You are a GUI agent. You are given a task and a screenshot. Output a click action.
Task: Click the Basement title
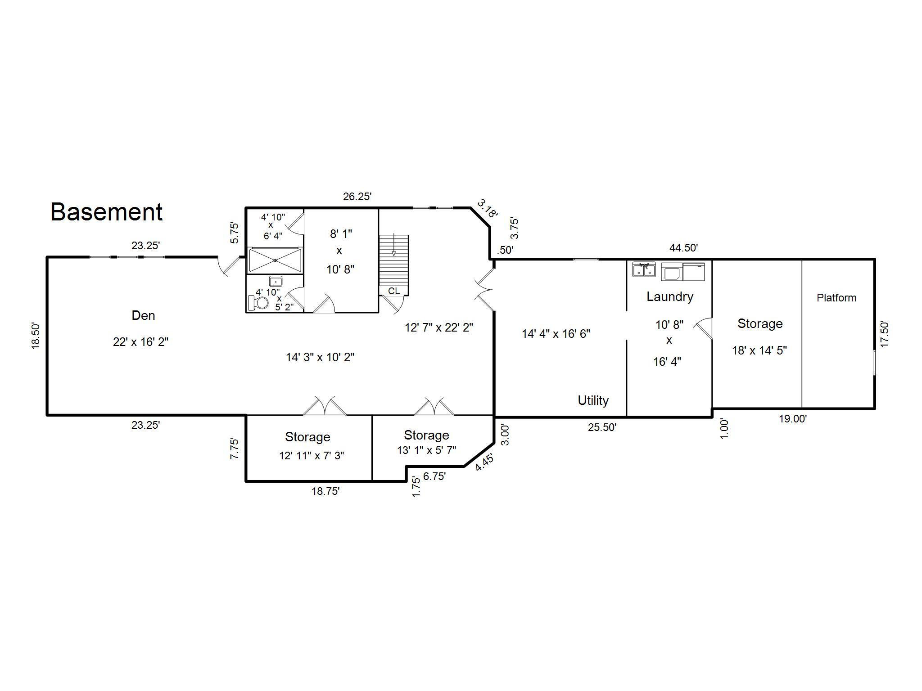coord(106,212)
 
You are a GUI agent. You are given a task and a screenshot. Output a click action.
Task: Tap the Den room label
coord(143,315)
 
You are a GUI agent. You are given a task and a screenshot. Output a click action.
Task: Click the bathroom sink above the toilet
coord(276,282)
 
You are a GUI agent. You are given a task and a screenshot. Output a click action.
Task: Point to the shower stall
coord(275,260)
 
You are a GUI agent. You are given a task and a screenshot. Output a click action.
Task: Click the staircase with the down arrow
coord(394,260)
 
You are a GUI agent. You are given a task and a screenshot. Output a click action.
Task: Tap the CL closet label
coord(394,291)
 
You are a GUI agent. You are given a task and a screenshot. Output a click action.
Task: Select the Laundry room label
coord(670,296)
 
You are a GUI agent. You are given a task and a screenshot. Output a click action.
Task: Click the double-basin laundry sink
coord(644,270)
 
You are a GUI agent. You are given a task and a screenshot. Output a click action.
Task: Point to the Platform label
coord(836,298)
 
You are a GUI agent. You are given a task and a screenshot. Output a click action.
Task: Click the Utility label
coord(593,400)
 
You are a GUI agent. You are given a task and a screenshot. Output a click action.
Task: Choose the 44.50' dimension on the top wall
coord(683,248)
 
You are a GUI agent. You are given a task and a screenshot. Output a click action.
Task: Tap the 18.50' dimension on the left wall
coord(36,336)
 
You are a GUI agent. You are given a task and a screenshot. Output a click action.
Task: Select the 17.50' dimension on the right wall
coord(885,334)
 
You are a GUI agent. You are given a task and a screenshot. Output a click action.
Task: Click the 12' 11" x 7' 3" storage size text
coord(312,456)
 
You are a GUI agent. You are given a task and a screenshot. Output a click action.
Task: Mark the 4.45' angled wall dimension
coord(484,462)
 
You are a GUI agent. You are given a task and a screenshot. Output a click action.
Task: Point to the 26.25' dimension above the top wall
coord(357,197)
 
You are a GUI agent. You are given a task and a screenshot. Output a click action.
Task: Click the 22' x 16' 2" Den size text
coord(140,342)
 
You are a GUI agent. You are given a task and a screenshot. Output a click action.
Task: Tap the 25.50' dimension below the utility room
coord(602,427)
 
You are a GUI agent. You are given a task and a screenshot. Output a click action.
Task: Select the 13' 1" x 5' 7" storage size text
coord(426,450)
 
